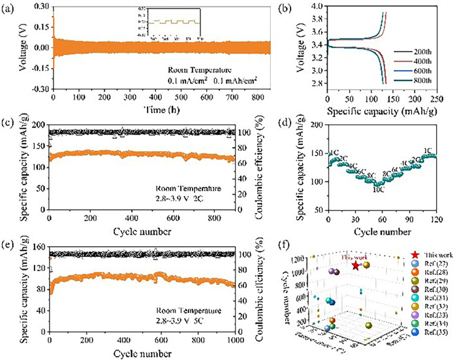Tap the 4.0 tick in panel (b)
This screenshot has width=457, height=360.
tap(316, 7)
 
